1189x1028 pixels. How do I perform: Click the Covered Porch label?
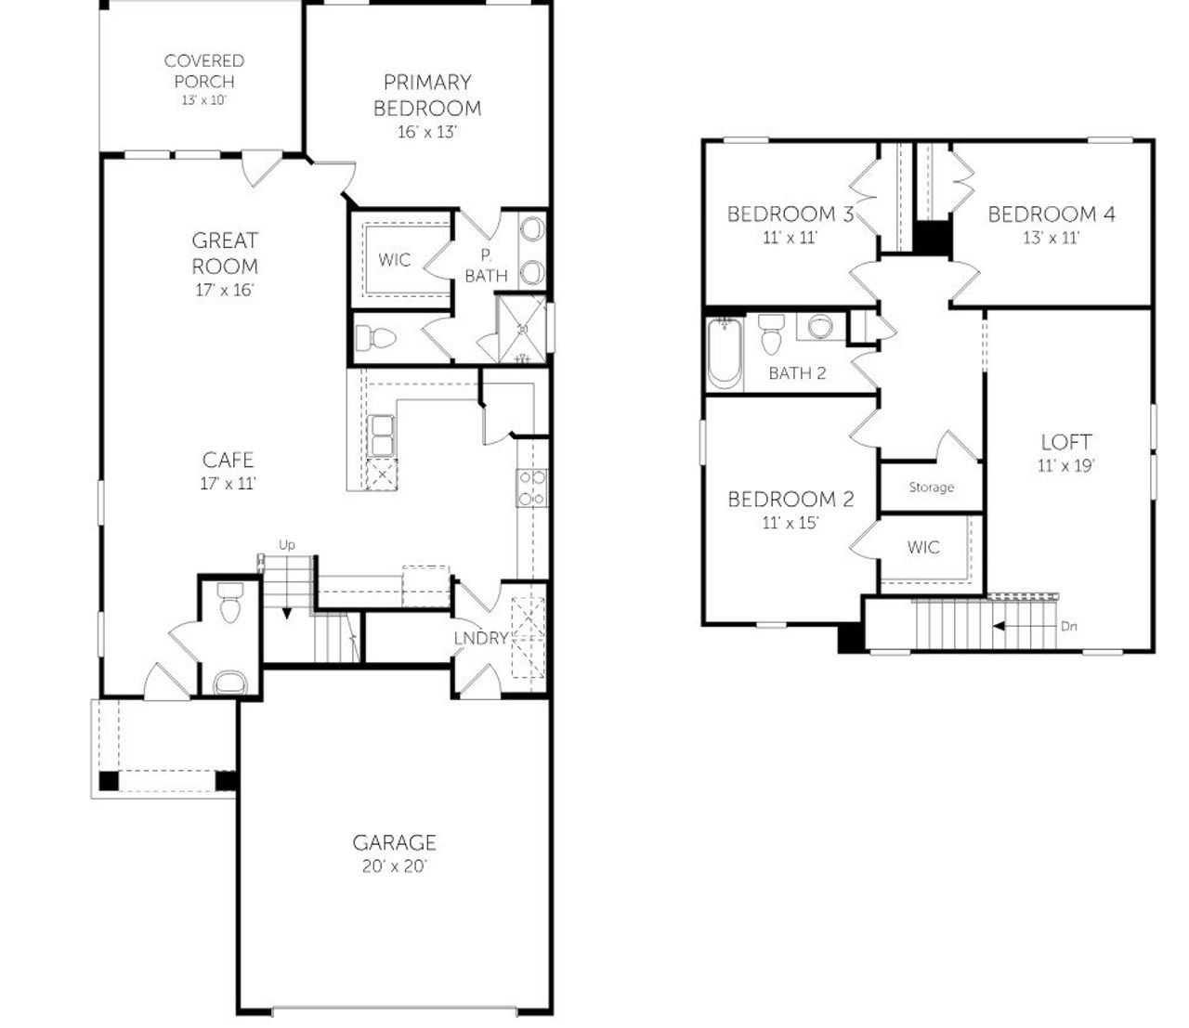click(204, 72)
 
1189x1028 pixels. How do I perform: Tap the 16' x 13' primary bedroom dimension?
click(427, 132)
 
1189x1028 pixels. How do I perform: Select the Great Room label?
click(225, 254)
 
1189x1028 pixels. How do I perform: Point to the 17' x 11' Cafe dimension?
click(228, 483)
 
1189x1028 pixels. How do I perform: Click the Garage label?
click(394, 842)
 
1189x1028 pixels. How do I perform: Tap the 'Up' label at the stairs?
click(287, 545)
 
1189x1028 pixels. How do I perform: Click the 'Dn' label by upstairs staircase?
click(1069, 626)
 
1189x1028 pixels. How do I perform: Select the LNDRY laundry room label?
click(480, 638)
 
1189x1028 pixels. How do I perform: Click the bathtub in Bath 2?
click(724, 354)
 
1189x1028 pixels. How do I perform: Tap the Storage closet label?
click(931, 488)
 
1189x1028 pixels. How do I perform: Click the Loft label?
click(1065, 442)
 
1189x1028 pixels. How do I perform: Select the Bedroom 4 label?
click(1051, 215)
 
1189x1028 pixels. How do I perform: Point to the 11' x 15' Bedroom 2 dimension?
click(790, 523)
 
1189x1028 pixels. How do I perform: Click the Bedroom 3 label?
click(790, 215)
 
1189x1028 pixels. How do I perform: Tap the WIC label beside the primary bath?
click(394, 260)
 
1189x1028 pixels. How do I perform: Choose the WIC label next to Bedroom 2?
click(922, 548)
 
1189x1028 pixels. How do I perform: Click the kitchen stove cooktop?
click(531, 488)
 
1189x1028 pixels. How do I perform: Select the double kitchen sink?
click(383, 435)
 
